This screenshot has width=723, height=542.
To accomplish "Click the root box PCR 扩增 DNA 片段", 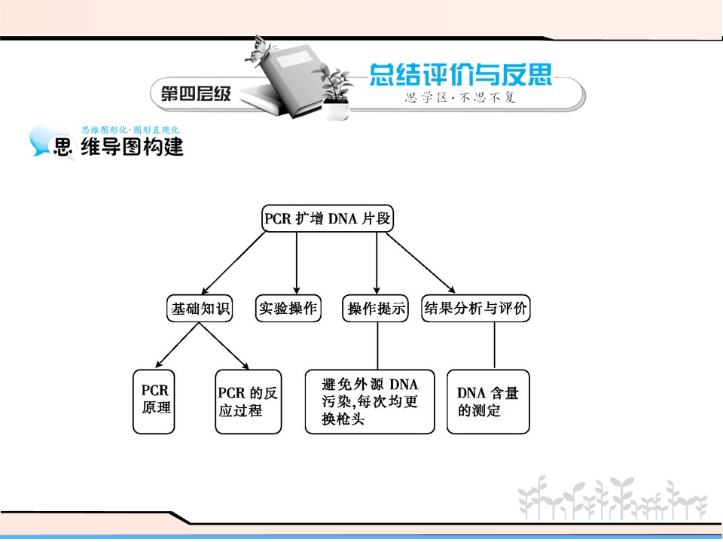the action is click(x=328, y=218).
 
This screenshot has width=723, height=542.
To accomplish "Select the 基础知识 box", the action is click(x=199, y=308).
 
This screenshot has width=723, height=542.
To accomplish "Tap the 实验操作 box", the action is click(x=288, y=308).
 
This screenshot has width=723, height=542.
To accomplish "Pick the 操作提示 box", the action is click(x=375, y=308).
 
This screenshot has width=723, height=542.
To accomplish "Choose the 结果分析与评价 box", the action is click(x=476, y=308).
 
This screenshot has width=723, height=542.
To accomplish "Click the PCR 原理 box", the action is click(x=154, y=401).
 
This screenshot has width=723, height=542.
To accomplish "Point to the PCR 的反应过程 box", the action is click(x=248, y=401).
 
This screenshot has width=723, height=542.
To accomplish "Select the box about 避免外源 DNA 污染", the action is click(x=370, y=401).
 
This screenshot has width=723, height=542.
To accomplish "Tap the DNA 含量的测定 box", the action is click(x=488, y=401).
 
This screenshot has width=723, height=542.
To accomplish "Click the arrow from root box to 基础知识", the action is click(x=234, y=262).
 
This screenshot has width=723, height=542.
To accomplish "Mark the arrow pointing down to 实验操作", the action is click(x=297, y=263).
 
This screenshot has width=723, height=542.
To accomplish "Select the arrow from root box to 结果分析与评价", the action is click(x=420, y=263).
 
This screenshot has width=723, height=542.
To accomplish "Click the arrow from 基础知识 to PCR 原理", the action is click(x=178, y=346).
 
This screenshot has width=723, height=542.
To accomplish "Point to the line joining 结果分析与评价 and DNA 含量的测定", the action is click(x=495, y=346).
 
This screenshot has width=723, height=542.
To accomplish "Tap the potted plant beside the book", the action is click(x=333, y=91).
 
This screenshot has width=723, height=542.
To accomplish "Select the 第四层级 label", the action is click(x=196, y=94).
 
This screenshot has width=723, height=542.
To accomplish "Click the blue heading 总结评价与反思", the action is click(x=461, y=75).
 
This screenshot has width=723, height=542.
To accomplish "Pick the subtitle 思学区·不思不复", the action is click(x=460, y=97).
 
